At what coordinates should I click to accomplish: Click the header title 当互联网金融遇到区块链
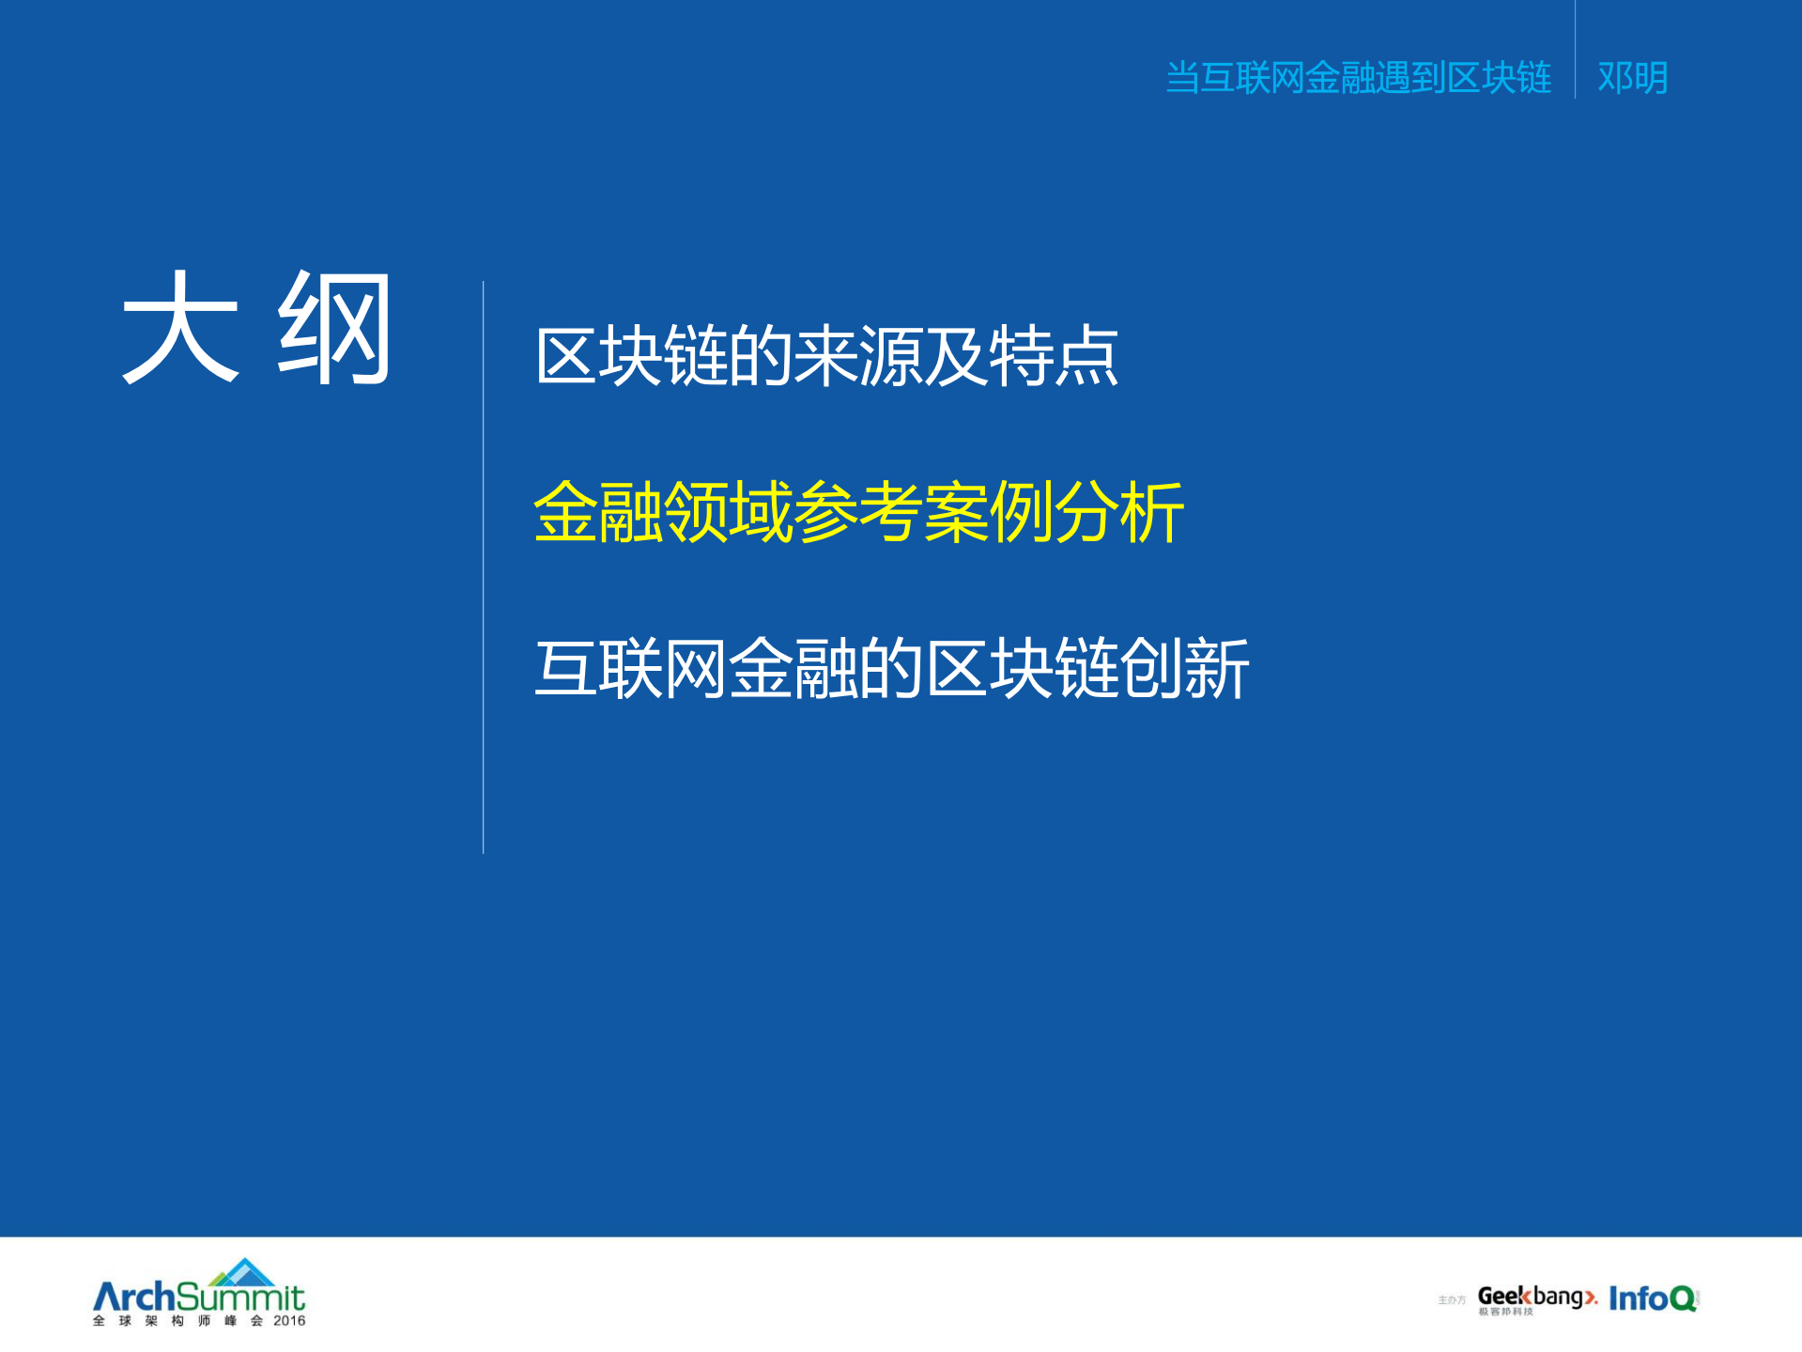point(1358,77)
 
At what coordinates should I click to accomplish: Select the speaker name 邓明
point(1632,77)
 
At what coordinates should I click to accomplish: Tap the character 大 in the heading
point(180,328)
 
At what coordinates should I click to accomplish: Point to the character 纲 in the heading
point(334,328)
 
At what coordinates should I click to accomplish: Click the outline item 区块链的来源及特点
point(826,356)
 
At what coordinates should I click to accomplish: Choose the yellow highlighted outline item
point(858,512)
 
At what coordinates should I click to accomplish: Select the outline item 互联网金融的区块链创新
point(891,668)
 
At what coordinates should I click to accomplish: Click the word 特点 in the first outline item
point(1054,356)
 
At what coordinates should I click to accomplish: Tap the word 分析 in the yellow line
point(1119,512)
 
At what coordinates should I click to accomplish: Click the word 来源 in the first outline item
point(858,356)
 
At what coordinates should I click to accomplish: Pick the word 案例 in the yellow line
point(988,512)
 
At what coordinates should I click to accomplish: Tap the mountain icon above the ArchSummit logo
point(243,1272)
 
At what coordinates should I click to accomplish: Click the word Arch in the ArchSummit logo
point(134,1298)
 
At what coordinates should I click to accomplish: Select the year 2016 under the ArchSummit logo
point(289,1321)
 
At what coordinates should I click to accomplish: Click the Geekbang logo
point(1536,1298)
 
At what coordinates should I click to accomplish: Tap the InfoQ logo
point(1653,1298)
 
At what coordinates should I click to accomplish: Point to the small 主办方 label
point(1452,1300)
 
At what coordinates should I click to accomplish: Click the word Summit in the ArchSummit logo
point(240,1298)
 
